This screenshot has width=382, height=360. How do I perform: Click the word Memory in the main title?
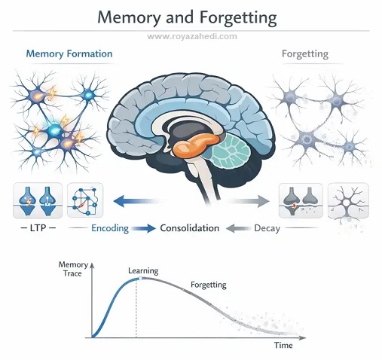pos(129,18)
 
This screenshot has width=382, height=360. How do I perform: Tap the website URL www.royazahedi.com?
pos(192,36)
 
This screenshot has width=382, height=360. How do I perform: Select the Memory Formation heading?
pos(69,54)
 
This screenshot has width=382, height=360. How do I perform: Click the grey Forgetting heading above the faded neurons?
pos(305,54)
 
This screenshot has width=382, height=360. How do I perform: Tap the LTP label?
pos(38,228)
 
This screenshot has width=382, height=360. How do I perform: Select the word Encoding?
pos(110,228)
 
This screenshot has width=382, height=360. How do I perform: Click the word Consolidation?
pos(190,228)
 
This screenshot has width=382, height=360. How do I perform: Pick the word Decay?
pos(267,228)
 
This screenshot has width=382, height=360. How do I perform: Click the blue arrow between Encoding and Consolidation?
pos(144,228)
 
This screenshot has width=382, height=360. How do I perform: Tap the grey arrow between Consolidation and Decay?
pos(237,228)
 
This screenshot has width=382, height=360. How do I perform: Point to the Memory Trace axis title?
pos(73,269)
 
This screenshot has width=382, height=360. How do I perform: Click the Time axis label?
pos(283,345)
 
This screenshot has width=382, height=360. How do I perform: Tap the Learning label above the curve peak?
pos(143,271)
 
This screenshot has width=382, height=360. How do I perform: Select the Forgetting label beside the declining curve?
pos(209,285)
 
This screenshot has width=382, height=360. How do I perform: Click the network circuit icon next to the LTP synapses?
pos(85,200)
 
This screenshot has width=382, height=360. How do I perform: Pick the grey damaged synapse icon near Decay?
pos(301,200)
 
